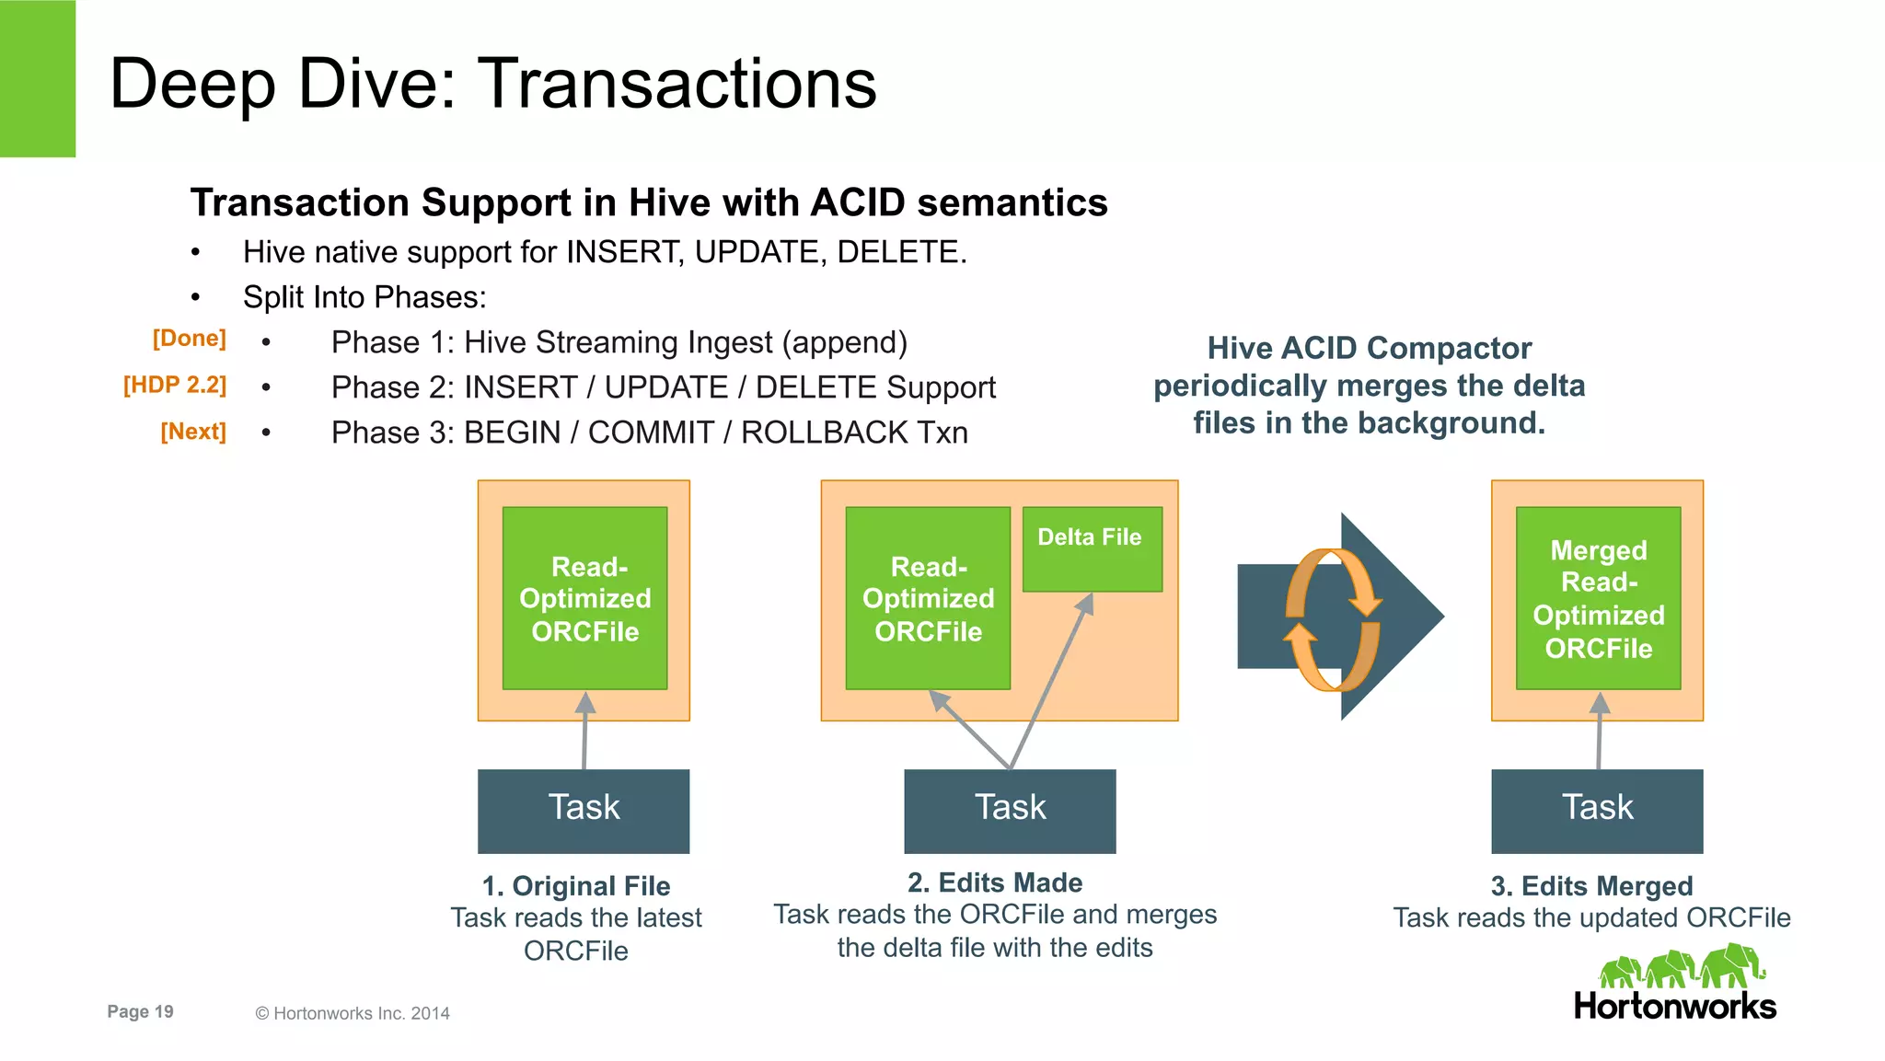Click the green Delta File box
pos(1092,549)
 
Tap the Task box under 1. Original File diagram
pos(584,810)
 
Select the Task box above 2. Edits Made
pos(1010,810)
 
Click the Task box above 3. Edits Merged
pos(1597,810)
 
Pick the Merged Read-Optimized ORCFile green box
pos(1598,598)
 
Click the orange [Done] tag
pos(189,339)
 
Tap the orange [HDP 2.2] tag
pos(175,385)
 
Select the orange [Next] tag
pos(193,432)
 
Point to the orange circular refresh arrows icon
pos(1333,618)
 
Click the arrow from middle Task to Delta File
pos(1049,681)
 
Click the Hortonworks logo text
pos(1674,1006)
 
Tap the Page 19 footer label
pos(140,1011)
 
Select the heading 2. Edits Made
pos(994,882)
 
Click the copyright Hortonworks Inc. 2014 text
pos(353,1013)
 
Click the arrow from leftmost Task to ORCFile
pos(584,732)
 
